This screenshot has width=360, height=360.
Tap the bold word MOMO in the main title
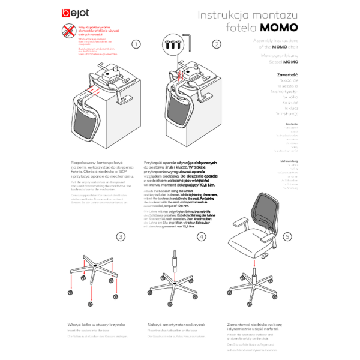coord(279,28)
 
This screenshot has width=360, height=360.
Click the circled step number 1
coord(136,44)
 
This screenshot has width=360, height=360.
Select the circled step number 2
coord(217,44)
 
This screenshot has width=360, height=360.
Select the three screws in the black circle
coord(172,44)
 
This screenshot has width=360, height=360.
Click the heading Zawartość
coord(288,74)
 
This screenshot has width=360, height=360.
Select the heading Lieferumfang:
coord(289,161)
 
